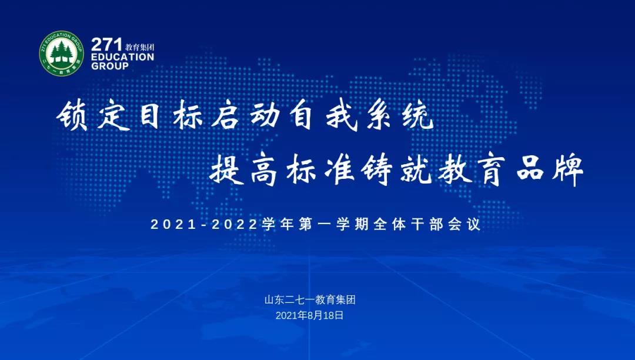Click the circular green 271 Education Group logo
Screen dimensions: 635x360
(61, 54)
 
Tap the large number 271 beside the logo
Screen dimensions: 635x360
(106, 44)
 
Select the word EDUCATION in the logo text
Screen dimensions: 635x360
(122, 57)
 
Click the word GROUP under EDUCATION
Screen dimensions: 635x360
(110, 66)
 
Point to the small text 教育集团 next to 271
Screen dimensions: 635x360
(140, 48)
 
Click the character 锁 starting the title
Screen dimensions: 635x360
(72, 116)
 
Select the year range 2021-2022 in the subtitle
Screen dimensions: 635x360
(204, 224)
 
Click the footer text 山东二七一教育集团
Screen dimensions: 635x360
(310, 300)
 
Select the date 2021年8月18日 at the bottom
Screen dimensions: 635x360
(309, 315)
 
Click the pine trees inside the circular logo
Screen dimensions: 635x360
(61, 52)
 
